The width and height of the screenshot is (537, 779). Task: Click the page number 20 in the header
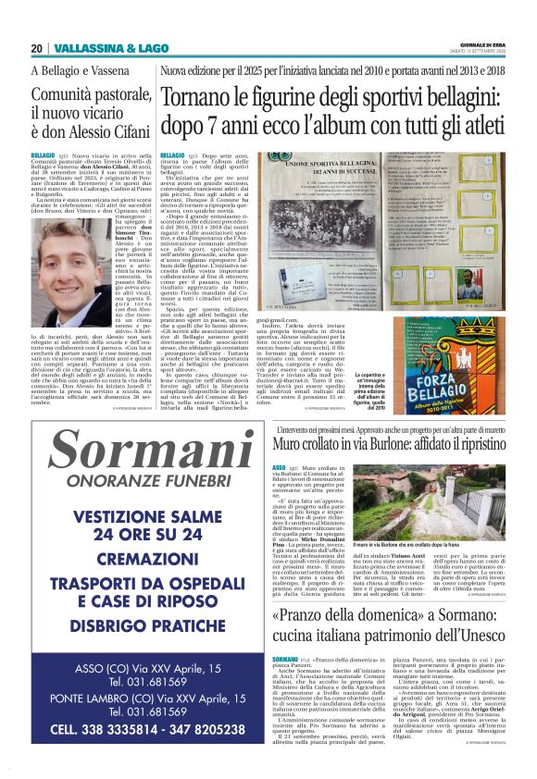[x=37, y=48]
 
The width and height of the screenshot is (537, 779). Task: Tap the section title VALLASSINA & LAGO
[x=98, y=48]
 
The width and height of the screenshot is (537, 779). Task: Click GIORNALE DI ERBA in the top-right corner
[x=488, y=44]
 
